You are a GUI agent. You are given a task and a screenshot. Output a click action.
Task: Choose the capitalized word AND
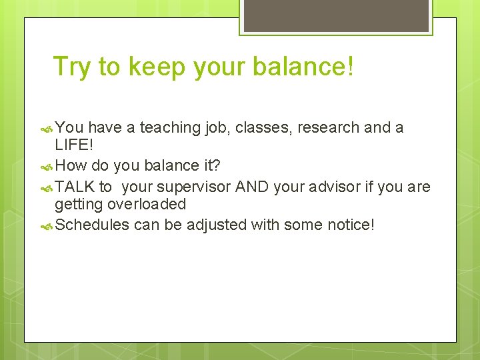click(252, 186)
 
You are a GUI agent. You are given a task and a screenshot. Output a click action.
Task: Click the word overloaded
click(147, 205)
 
